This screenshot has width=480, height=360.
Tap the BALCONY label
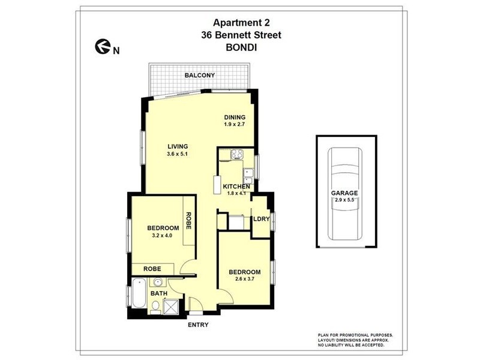[200, 75]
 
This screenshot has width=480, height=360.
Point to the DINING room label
[235, 117]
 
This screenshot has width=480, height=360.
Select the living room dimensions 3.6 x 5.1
[178, 154]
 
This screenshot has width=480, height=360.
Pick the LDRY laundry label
[261, 219]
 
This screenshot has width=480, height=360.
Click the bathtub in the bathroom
[139, 296]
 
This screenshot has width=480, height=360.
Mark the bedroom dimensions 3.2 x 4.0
[163, 236]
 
